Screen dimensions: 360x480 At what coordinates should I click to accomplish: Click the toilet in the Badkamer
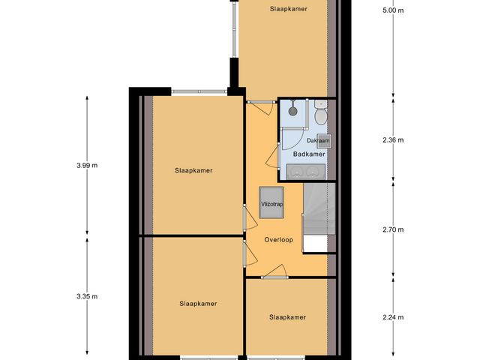(x=320, y=115)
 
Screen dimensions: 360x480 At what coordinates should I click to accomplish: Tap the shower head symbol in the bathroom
(x=292, y=109)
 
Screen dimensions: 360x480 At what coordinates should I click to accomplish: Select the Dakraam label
(x=317, y=140)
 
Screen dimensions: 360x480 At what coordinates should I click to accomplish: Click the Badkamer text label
(x=309, y=154)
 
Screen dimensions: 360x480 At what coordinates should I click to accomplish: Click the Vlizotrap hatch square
(x=271, y=203)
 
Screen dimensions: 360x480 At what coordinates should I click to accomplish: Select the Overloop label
(x=278, y=240)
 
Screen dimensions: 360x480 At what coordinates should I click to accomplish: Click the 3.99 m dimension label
(x=87, y=166)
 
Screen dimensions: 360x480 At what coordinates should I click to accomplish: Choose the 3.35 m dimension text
(x=87, y=297)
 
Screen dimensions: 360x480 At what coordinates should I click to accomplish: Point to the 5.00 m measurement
(x=392, y=11)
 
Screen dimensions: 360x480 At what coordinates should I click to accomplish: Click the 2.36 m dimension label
(x=392, y=140)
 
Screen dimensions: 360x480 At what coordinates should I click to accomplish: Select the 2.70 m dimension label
(x=392, y=230)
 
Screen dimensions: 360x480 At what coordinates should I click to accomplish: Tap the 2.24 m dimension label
(x=392, y=317)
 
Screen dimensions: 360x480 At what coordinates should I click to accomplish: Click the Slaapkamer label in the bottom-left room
(x=198, y=304)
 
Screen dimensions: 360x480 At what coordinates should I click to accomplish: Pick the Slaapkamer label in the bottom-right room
(x=288, y=317)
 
